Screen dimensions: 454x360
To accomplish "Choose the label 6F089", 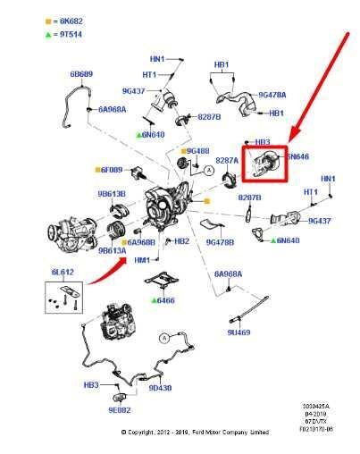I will click(112, 170).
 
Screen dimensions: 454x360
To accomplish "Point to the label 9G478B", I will click(221, 241).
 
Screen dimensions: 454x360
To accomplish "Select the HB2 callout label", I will click(181, 241).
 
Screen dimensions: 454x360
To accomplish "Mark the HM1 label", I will click(141, 259).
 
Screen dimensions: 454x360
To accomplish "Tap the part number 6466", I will click(167, 301).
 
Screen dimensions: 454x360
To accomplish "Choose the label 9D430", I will click(160, 389).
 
